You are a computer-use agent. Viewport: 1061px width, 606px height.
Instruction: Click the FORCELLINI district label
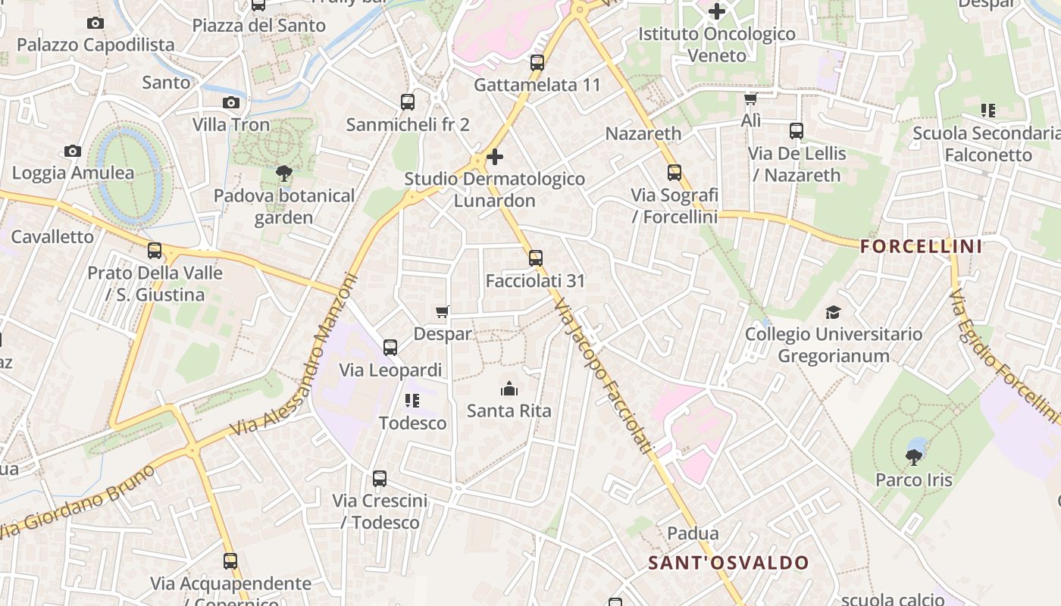tap(922, 246)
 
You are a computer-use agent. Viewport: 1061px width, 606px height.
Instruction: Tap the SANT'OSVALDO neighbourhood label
tap(728, 563)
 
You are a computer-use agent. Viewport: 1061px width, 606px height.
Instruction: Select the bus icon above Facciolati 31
tap(536, 258)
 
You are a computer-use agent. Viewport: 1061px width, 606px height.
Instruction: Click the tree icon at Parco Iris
tap(914, 457)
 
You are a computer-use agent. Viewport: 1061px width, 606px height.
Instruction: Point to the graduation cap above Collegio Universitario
tap(833, 312)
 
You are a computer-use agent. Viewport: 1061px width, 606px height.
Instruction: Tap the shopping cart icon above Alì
tap(750, 99)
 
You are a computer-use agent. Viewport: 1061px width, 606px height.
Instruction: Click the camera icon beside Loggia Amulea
tap(73, 151)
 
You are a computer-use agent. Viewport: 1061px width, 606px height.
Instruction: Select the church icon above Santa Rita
tap(509, 389)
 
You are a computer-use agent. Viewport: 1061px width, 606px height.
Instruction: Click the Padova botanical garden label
tap(283, 207)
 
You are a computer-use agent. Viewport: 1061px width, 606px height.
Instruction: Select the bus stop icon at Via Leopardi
tap(390, 348)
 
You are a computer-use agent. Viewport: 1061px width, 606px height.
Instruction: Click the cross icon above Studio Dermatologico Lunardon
tap(495, 157)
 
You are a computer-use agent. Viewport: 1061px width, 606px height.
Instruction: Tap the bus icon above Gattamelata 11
tap(537, 63)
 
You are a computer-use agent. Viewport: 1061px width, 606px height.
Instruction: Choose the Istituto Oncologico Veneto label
tap(716, 44)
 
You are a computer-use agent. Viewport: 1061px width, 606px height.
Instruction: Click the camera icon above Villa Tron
tap(231, 102)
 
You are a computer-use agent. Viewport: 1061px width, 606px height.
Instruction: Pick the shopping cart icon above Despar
tap(443, 311)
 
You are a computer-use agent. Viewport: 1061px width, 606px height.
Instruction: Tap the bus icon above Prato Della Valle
tap(155, 251)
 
